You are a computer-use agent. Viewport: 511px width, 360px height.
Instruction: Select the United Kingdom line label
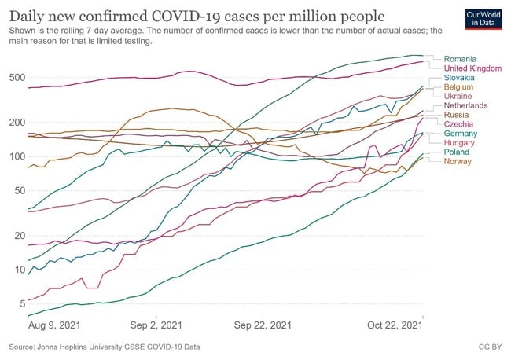(472, 68)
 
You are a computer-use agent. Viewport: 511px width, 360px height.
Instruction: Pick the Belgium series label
(459, 87)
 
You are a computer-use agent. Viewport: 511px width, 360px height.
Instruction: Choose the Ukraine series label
(458, 96)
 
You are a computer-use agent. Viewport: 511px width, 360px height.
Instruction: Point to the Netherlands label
(465, 105)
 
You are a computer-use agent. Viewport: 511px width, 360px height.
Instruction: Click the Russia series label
(456, 115)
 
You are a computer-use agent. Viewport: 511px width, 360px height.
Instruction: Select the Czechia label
(458, 124)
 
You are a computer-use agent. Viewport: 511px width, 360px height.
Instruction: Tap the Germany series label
(461, 134)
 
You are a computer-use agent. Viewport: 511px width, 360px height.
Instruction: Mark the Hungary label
(460, 143)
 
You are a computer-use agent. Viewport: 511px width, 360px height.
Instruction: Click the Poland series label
(457, 152)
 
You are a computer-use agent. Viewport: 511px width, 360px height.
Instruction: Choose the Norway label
(458, 161)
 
